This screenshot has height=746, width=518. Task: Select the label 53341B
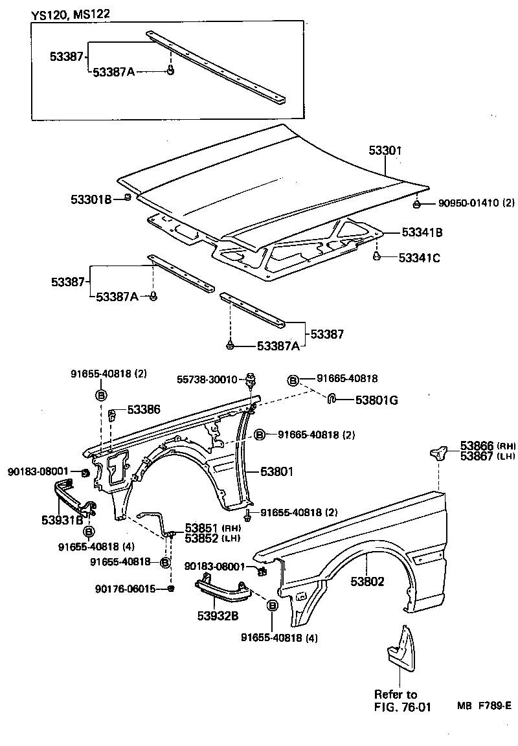(422, 232)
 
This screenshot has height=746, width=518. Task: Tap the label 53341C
(419, 258)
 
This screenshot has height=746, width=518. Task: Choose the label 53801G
(376, 400)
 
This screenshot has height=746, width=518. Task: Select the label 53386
(144, 409)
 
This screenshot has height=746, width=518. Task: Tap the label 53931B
(62, 519)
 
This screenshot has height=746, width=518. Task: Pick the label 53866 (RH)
(478, 446)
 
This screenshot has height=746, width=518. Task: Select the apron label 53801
(277, 471)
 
